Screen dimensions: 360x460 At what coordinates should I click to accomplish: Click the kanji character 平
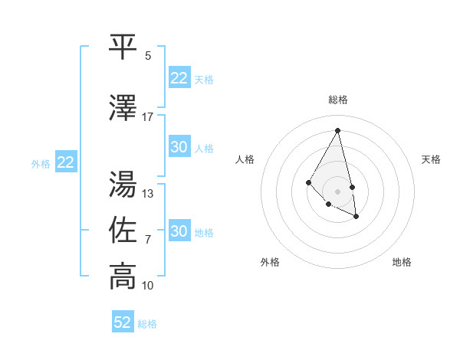click(123, 47)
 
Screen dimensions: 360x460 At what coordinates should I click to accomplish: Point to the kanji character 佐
click(123, 230)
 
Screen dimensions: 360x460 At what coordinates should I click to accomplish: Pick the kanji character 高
click(123, 277)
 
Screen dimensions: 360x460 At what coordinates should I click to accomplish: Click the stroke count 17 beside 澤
click(148, 117)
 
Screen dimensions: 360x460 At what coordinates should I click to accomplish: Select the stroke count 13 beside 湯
click(148, 194)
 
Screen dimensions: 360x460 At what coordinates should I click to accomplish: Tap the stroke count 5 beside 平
click(148, 56)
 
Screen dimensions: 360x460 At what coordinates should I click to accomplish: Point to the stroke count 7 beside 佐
click(148, 240)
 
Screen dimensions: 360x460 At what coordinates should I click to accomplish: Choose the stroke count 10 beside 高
click(148, 286)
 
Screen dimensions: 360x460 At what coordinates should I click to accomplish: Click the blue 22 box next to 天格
click(179, 78)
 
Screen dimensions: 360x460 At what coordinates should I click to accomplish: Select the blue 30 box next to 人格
click(179, 147)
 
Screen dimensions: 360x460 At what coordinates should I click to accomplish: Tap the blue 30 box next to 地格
click(179, 231)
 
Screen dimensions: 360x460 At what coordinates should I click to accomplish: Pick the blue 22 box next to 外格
click(65, 162)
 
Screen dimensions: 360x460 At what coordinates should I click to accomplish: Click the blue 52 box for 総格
click(123, 322)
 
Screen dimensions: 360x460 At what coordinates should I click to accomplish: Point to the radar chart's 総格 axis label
click(338, 100)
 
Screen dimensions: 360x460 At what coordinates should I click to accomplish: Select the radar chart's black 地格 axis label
click(402, 262)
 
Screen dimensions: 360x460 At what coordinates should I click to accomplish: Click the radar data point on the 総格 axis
click(338, 130)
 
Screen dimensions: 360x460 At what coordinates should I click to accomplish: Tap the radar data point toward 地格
click(356, 217)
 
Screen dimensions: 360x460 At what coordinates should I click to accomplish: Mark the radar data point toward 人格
click(308, 182)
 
